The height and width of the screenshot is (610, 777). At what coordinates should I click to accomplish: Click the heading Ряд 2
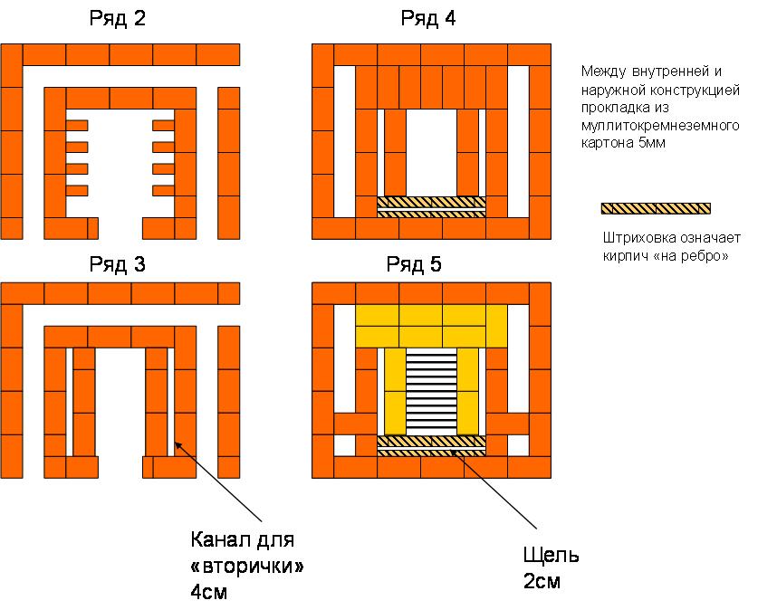pos(118,19)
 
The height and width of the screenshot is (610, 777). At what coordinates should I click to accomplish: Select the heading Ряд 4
pos(428,19)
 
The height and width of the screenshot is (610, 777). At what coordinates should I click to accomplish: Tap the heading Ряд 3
pos(118,264)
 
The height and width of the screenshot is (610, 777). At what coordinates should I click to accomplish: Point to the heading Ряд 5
pos(428,264)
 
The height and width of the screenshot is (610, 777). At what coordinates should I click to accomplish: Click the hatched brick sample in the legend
pos(656,209)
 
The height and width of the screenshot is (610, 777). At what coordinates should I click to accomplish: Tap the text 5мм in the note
pos(655,143)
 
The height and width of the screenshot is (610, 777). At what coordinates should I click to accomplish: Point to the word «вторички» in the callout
pos(246,567)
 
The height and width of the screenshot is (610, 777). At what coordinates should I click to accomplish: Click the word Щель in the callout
pos(551,555)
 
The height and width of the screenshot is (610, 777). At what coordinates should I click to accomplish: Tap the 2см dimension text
pos(543,581)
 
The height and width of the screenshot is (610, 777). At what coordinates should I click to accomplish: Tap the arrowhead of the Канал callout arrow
pos(176,442)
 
